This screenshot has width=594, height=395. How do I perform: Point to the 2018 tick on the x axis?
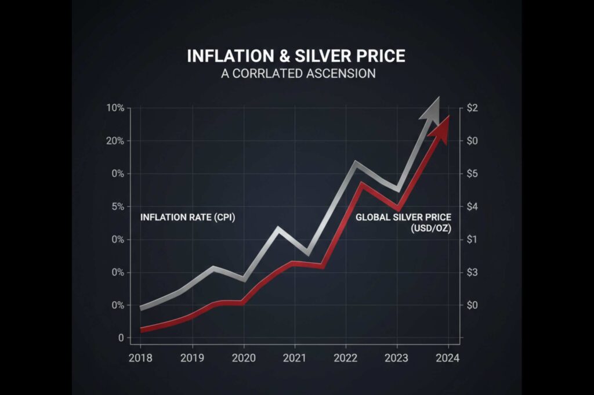coord(140,358)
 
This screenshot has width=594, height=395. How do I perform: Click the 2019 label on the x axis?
coord(192,358)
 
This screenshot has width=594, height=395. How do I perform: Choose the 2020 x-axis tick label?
coord(244,358)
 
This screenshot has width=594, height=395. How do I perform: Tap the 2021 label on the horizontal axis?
coord(295,358)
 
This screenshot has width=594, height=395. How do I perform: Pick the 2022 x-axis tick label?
coord(346,358)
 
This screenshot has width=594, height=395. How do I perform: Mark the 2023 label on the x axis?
coord(397,358)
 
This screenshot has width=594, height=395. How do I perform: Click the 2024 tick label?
coord(448,358)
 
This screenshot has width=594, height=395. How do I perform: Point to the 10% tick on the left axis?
coord(115,108)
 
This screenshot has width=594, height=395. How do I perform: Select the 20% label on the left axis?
coord(115,141)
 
